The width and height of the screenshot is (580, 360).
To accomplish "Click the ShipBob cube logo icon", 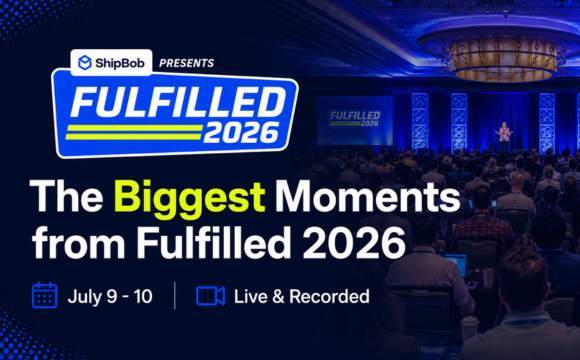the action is pyautogui.click(x=85, y=63).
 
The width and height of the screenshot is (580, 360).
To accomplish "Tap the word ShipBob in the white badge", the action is pyautogui.click(x=120, y=63).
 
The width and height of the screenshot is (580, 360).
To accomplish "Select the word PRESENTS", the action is pyautogui.click(x=186, y=63).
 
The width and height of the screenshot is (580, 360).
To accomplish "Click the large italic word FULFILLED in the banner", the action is pyautogui.click(x=178, y=102).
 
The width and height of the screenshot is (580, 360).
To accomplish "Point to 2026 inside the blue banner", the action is pyautogui.click(x=241, y=133).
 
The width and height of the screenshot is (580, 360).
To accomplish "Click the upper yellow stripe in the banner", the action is pyautogui.click(x=134, y=128).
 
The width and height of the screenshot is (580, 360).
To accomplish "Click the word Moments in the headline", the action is pyautogui.click(x=367, y=195).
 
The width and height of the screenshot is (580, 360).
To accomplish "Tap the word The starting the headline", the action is pyautogui.click(x=67, y=195).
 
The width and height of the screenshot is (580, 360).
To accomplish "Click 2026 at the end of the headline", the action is pyautogui.click(x=354, y=242).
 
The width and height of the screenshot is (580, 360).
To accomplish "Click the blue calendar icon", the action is pyautogui.click(x=45, y=295).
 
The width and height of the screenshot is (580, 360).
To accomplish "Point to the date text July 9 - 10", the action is pyautogui.click(x=110, y=296).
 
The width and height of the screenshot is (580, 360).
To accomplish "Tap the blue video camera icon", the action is pyautogui.click(x=210, y=296).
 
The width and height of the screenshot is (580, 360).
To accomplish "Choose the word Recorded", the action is pyautogui.click(x=329, y=296).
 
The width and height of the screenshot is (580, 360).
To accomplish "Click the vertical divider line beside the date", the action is pyautogui.click(x=175, y=295).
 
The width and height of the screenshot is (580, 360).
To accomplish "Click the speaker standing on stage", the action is pyautogui.click(x=504, y=134).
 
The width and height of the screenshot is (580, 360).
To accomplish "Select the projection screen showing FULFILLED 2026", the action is pyautogui.click(x=355, y=120).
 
